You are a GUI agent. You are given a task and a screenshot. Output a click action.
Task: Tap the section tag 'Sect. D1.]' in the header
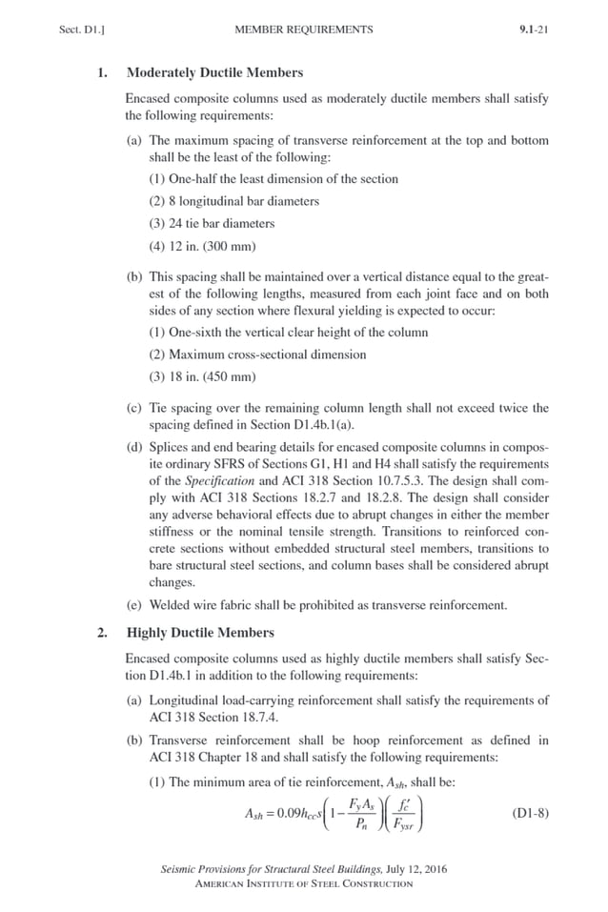(81, 30)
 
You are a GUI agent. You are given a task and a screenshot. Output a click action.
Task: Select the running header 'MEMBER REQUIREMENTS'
(303, 30)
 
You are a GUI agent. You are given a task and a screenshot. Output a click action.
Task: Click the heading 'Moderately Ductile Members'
(214, 72)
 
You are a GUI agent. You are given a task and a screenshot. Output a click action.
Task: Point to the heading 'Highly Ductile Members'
(200, 633)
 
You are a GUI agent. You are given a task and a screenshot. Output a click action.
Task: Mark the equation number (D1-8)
(530, 814)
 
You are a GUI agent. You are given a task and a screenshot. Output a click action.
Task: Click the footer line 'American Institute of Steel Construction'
(303, 883)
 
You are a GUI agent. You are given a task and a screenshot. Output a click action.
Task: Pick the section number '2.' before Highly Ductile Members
(102, 633)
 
